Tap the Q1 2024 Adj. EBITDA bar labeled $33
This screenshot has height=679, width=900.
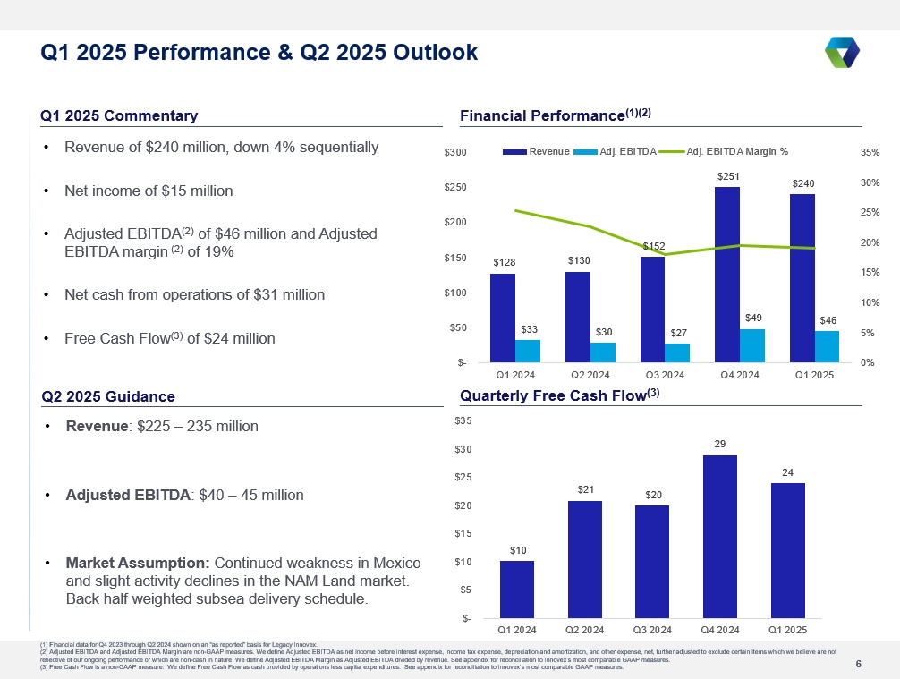(x=528, y=352)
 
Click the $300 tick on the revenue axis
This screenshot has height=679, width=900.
(x=455, y=153)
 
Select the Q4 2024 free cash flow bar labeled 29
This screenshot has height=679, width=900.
(x=720, y=537)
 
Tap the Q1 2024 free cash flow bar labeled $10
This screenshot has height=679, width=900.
(x=517, y=590)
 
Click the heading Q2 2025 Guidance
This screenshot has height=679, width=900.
(x=108, y=396)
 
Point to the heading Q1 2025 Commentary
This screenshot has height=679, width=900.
(x=119, y=116)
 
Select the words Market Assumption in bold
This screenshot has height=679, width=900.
(x=138, y=564)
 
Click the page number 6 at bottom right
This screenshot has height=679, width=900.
(x=859, y=664)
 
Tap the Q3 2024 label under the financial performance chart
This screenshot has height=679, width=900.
(x=665, y=375)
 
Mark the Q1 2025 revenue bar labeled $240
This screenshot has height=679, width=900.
(x=802, y=278)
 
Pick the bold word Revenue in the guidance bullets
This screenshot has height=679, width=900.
(x=97, y=426)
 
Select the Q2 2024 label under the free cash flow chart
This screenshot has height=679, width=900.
(x=584, y=630)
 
